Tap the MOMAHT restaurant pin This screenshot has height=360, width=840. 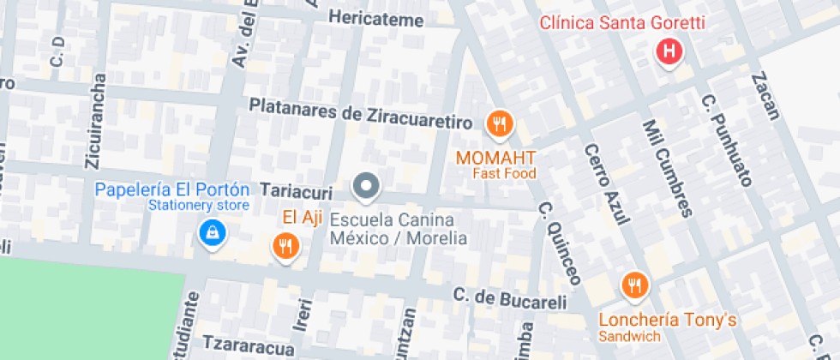click(499, 125)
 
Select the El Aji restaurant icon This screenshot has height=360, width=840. click(285, 246)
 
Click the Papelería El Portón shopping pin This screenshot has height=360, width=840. click(211, 231)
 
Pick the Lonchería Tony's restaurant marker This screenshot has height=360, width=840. click(634, 285)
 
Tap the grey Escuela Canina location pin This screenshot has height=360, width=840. click(367, 186)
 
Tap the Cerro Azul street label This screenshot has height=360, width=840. click(607, 185)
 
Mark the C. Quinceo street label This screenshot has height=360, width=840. click(561, 243)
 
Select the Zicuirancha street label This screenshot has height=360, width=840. click(96, 120)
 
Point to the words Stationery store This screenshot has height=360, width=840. click(199, 206)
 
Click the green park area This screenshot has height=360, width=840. click(86, 309)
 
